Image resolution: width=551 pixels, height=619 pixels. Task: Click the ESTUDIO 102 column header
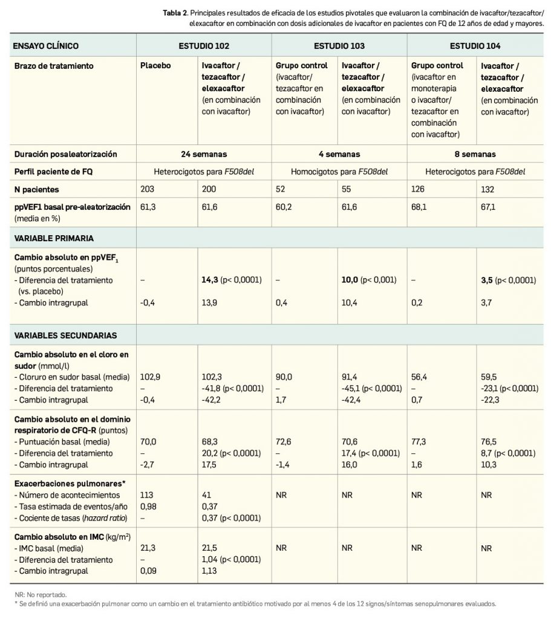point(204,45)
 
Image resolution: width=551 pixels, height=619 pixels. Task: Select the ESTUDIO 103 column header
point(339,45)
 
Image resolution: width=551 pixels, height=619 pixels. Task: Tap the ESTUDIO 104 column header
point(475,45)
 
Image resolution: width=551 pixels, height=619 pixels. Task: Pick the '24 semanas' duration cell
point(204,154)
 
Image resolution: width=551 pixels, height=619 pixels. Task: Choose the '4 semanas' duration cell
point(339,154)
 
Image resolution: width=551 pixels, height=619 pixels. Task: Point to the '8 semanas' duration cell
point(475,154)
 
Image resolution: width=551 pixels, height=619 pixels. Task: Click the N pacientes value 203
point(147,189)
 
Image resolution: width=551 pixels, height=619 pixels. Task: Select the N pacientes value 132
point(487,189)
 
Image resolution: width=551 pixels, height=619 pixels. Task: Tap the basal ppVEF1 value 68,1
point(419,207)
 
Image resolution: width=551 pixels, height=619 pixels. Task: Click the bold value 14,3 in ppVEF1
point(209,280)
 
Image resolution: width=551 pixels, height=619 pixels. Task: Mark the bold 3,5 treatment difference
point(487,280)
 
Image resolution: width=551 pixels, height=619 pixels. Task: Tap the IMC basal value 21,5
point(209,549)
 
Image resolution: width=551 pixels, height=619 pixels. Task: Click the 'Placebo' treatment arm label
point(154,65)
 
